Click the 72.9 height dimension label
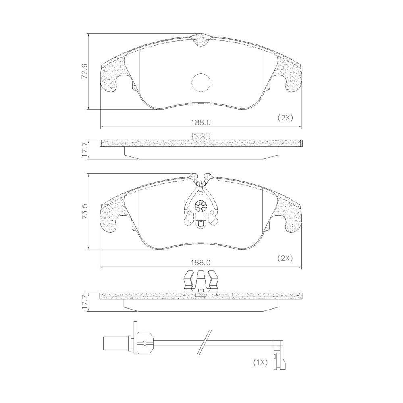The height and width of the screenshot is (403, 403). click(84, 71)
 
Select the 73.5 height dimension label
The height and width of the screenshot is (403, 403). click(84, 212)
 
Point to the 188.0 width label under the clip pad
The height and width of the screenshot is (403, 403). click(201, 262)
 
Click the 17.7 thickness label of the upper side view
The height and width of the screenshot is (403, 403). click(84, 149)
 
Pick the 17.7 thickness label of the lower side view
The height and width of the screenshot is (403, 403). click(84, 302)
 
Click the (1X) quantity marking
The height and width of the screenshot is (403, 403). click(260, 362)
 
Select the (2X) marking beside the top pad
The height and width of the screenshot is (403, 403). click(285, 118)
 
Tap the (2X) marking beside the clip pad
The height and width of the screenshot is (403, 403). click(285, 258)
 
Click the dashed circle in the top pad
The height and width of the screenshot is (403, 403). click(201, 83)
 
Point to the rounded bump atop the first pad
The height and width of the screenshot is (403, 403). click(201, 40)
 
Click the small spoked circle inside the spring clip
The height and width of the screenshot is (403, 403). click(200, 206)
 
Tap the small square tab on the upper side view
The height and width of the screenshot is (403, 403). click(201, 137)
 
